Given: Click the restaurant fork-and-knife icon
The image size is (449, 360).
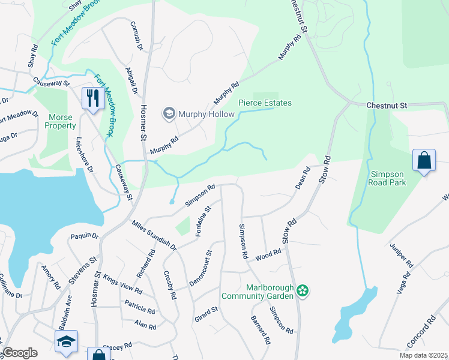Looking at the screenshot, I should pos(92,98).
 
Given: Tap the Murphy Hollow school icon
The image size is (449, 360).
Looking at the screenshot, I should pos(169,113).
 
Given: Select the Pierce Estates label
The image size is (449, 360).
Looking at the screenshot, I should pos(265,103).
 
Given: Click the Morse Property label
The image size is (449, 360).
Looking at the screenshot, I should pos(60,121).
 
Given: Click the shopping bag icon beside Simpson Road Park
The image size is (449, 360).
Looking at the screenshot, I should pos(424,161).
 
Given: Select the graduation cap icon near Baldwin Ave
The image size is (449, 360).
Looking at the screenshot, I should pos(66,341).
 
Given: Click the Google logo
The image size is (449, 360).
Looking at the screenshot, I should pos(20,353).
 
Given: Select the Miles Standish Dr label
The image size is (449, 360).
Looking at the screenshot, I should pos(154,235).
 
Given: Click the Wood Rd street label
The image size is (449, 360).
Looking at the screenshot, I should pos(268,254).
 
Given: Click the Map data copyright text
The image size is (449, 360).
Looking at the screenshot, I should pos(423,355).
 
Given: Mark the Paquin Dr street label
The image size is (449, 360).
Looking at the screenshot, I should pos(84,236).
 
